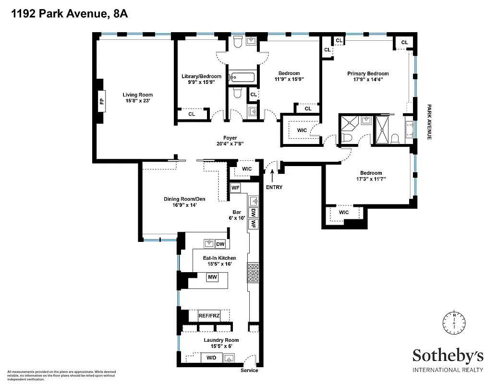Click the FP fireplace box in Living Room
(x=101, y=101)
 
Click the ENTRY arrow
(x=272, y=174)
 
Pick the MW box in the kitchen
(x=212, y=277)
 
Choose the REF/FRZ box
(x=212, y=315)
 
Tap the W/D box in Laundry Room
(x=211, y=358)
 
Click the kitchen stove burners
(x=253, y=273)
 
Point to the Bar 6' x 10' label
(x=236, y=214)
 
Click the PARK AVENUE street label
(x=429, y=122)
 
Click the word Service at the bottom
(x=249, y=371)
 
